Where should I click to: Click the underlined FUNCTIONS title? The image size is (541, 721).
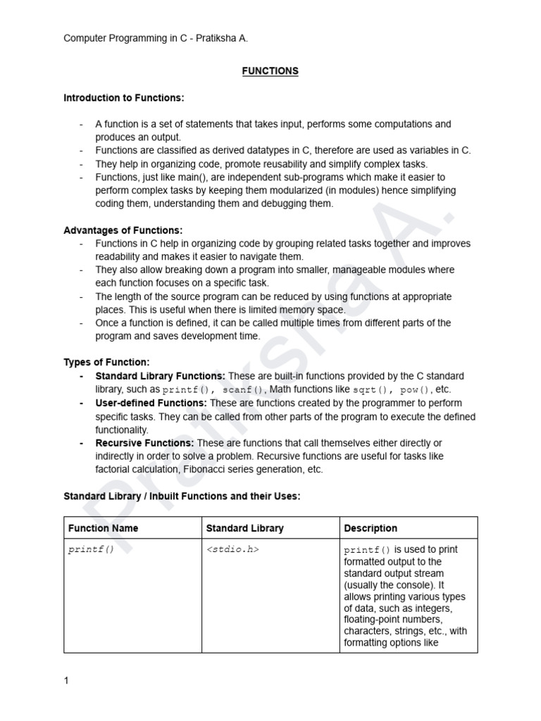click(x=270, y=71)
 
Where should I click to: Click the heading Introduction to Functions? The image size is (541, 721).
click(x=124, y=97)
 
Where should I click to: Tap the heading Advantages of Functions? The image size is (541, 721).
click(x=123, y=230)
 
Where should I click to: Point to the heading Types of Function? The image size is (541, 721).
click(x=106, y=363)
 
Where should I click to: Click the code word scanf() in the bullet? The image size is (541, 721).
click(x=244, y=390)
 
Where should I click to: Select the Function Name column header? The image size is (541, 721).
click(x=103, y=528)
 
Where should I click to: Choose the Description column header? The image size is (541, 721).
click(x=371, y=528)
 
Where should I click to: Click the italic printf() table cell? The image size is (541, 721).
click(x=90, y=549)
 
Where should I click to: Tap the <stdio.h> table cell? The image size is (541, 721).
click(x=232, y=549)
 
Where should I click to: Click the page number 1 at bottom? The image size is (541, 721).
click(x=66, y=681)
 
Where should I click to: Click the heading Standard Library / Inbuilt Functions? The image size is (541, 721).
click(x=182, y=496)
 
